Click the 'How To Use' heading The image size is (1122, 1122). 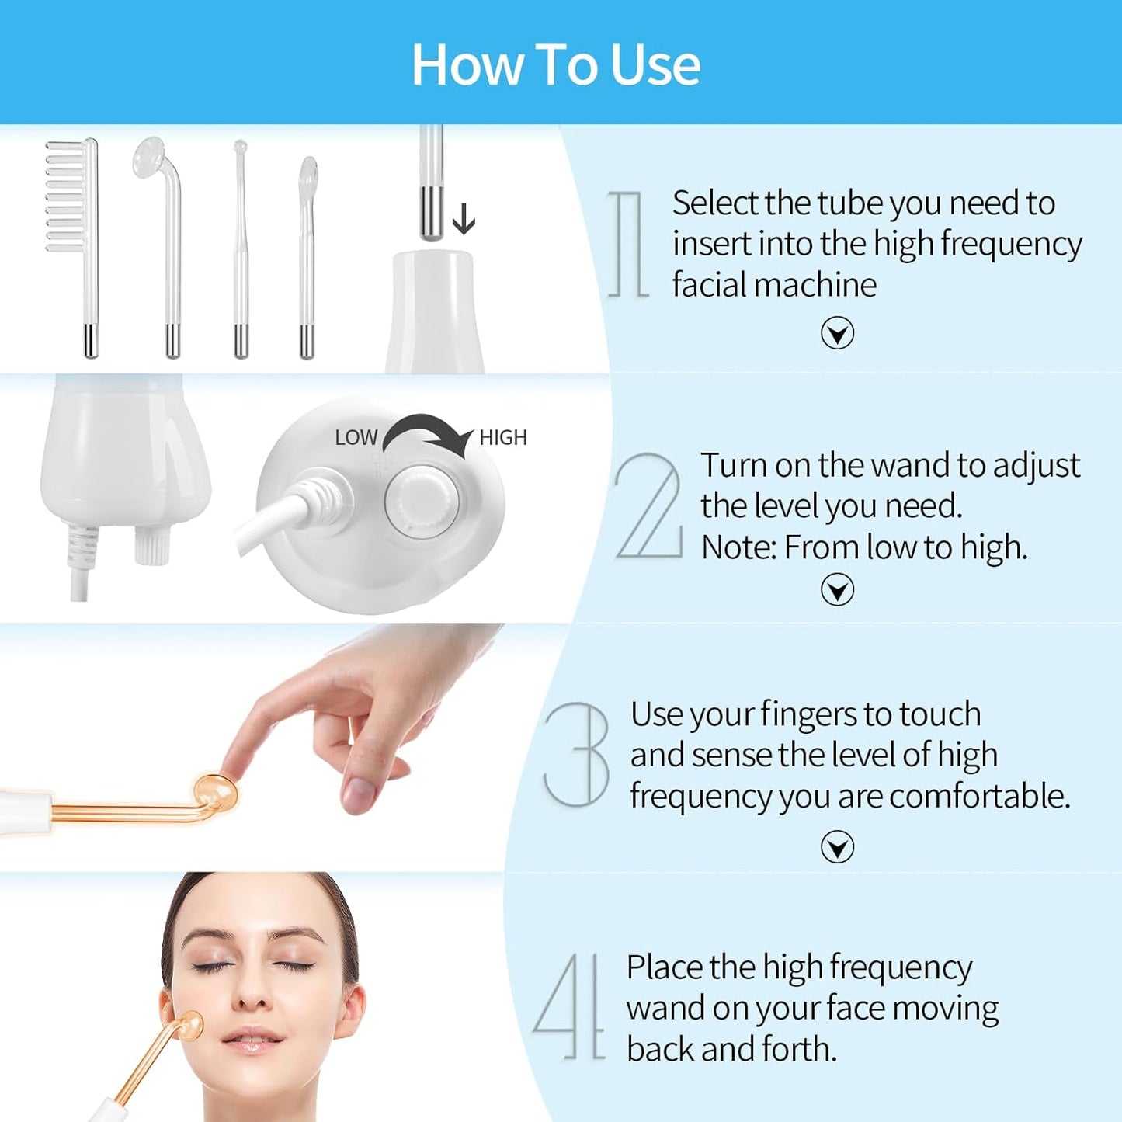[x=555, y=64]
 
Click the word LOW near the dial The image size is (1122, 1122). [x=356, y=438]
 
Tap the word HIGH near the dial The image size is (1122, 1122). [x=503, y=438]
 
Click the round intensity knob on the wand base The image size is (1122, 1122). [x=422, y=502]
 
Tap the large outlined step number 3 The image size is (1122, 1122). [x=577, y=754]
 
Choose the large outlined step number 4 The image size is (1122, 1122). [x=569, y=1006]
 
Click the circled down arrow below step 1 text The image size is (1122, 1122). [x=837, y=333]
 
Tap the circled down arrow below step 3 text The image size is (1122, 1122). [x=837, y=846]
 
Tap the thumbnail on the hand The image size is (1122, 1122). [x=359, y=793]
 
